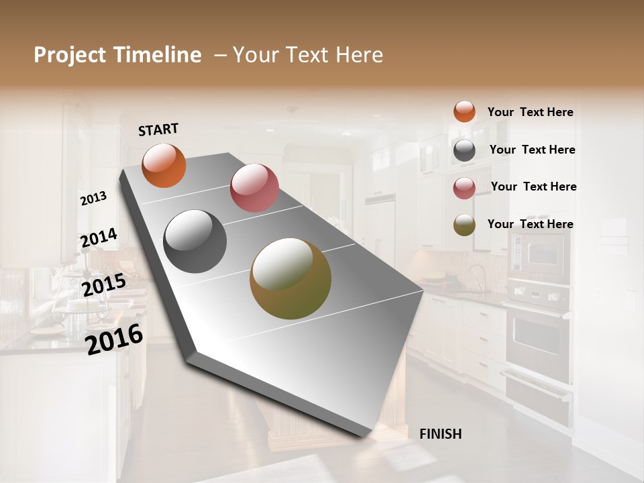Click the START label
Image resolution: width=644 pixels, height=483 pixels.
(x=158, y=129)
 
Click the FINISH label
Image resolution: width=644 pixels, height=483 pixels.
(x=441, y=434)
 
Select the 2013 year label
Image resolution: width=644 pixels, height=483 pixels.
(x=94, y=199)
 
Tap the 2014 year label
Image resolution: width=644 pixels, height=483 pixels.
(x=99, y=238)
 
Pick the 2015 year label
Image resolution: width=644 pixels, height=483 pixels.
(x=104, y=285)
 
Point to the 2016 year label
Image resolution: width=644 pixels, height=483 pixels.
(x=115, y=339)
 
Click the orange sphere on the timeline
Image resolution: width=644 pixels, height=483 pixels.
(x=164, y=166)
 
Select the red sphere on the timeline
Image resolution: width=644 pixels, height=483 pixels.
(x=254, y=188)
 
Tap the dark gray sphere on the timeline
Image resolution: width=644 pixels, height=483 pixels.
(x=195, y=241)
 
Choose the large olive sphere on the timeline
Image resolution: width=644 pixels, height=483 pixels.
(x=290, y=278)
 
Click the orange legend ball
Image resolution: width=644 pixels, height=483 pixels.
(x=464, y=112)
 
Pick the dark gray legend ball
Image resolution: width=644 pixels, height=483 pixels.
(x=464, y=150)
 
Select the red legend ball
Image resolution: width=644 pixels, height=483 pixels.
(x=464, y=187)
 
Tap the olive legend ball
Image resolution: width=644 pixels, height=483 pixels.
(x=464, y=225)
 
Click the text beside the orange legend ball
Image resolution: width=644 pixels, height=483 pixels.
(x=531, y=112)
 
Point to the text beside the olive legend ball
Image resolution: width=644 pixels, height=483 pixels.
(x=531, y=224)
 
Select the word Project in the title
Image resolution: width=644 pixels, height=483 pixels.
(x=70, y=55)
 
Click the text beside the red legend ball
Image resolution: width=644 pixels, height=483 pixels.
(x=534, y=186)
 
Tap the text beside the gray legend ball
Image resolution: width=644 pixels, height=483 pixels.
(x=533, y=150)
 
